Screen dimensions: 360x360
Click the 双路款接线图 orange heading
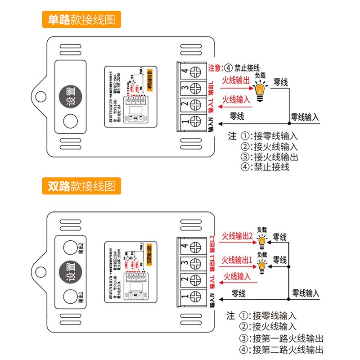[x=81, y=185]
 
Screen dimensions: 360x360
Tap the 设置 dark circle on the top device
[x=70, y=95]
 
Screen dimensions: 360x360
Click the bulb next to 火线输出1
[x=262, y=266]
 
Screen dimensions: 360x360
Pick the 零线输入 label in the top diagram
[x=305, y=116]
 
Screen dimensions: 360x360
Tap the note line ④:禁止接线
[x=265, y=166]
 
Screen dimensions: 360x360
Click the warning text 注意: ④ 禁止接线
[x=234, y=68]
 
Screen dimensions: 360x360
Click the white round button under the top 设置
[x=70, y=121]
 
